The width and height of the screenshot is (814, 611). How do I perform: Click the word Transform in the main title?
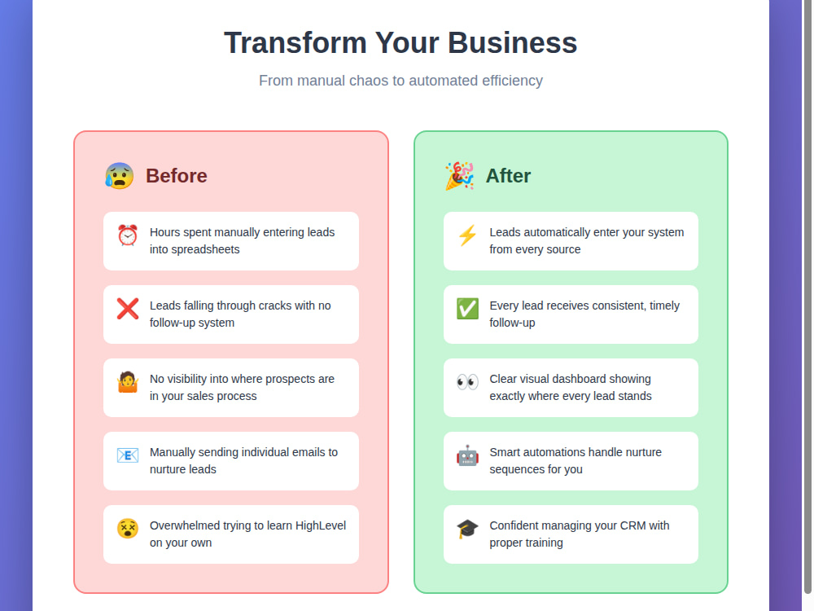coord(295,42)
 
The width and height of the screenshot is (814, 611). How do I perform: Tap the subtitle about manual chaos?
coord(400,81)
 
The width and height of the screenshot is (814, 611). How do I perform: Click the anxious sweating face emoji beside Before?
coord(120,176)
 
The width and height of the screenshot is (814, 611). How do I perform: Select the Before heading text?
coord(177,176)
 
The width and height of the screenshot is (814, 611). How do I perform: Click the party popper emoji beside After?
coord(459,176)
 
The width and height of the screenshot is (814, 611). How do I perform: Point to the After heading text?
coord(508,176)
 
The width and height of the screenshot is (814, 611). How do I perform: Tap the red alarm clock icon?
coord(128,235)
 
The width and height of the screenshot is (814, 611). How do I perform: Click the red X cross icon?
coord(128,309)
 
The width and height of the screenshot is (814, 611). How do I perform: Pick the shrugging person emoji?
coord(128,382)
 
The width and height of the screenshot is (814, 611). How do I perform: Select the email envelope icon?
coord(128,455)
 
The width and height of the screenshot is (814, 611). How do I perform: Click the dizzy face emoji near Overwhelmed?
coord(128,529)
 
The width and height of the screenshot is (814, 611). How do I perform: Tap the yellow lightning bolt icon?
coord(467,235)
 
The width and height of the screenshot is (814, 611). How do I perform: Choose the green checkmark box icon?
coord(467,309)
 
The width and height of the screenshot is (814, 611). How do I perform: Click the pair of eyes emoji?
coord(467,382)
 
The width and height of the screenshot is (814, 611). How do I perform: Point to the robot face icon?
coord(467,455)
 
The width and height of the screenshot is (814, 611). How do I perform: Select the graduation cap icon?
coord(467,529)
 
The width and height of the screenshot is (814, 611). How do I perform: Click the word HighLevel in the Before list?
coord(320,525)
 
